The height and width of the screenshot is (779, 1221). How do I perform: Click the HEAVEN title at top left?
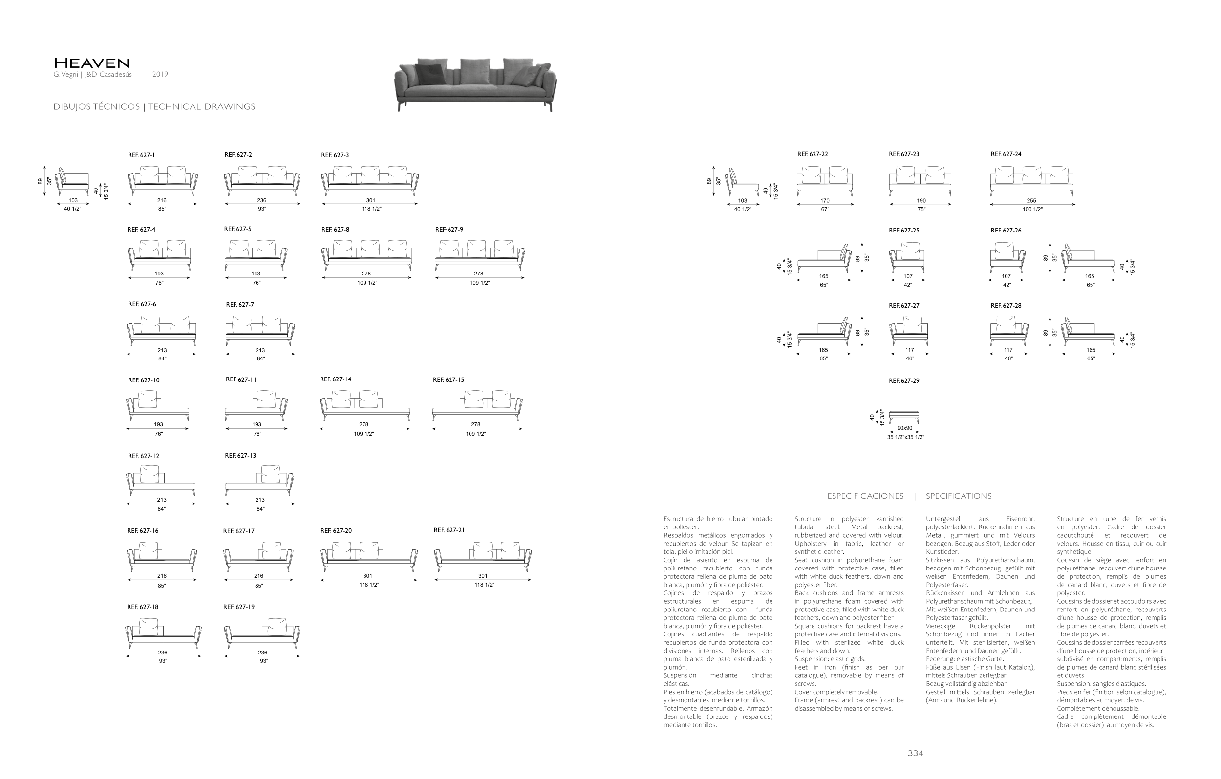coord(92,63)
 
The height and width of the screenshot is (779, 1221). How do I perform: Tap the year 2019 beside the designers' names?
coord(160,75)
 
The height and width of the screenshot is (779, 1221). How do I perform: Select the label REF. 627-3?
coord(335,155)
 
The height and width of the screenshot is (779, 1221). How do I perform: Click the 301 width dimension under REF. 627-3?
coord(371,200)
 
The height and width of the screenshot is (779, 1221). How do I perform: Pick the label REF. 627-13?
coord(240,456)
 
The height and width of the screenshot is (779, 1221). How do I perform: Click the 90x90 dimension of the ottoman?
coord(904,428)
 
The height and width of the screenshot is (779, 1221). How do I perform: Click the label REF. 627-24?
coord(1006,154)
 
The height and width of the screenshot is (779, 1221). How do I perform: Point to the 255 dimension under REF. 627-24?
coord(1031,201)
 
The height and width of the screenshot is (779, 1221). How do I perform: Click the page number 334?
coord(915,753)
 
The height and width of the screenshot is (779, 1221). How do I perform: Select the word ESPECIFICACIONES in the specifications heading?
coord(866,496)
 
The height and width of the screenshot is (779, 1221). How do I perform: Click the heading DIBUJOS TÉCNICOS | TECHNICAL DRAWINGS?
coord(154,106)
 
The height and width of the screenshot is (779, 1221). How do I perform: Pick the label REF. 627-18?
coord(143,607)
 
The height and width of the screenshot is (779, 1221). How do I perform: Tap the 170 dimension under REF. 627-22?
coord(825,201)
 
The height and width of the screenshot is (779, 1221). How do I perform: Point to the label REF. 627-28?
coord(1006,306)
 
